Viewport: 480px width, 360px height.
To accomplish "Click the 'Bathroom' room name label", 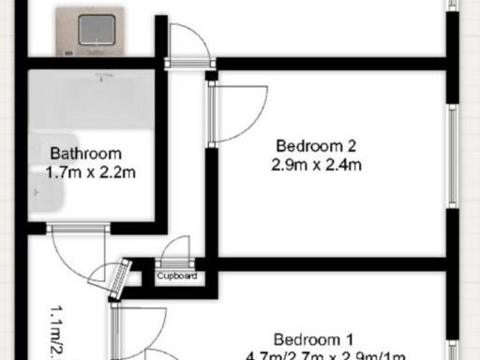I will click(86, 155).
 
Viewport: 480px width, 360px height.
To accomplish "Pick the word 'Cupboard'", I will click(176, 277).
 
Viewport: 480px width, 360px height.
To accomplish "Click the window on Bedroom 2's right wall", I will click(454, 156).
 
